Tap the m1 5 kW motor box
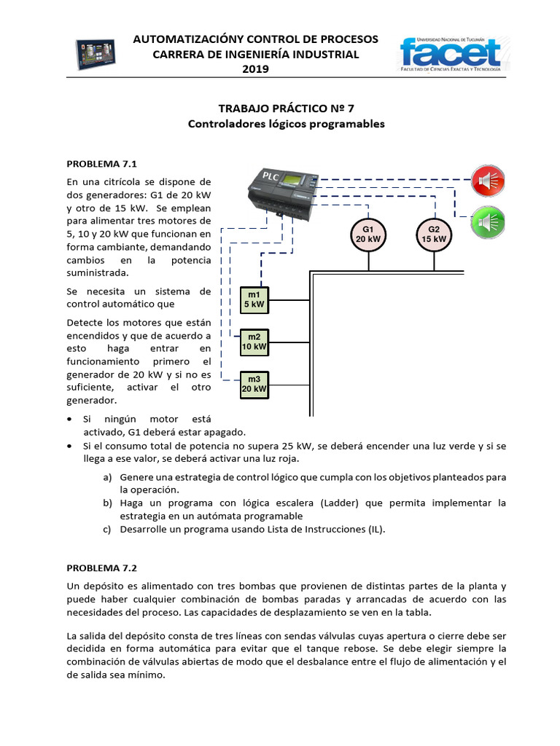tap(254, 299)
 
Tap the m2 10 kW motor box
tap(254, 342)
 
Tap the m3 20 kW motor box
tap(254, 385)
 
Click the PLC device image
tap(281, 191)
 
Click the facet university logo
tap(450, 55)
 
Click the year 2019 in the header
tap(255, 69)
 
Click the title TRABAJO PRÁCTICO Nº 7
tap(286, 108)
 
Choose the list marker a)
tap(107, 477)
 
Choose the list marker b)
tap(107, 503)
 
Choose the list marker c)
tap(107, 530)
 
